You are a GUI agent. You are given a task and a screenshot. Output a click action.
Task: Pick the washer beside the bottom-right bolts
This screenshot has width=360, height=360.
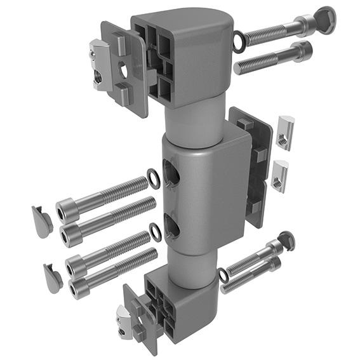click(224, 276)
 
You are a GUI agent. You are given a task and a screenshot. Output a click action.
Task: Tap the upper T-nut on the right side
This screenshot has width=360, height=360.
click(284, 133)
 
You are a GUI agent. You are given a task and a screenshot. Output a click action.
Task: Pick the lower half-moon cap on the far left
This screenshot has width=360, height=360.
click(52, 278)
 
